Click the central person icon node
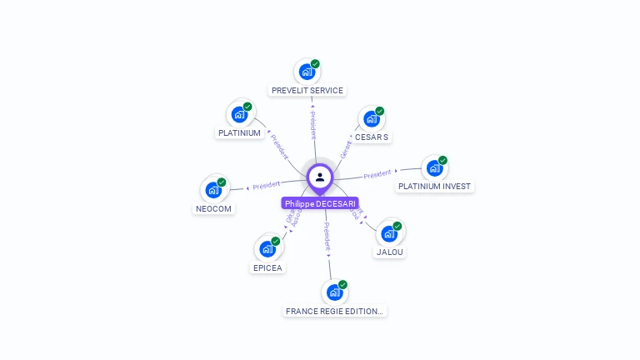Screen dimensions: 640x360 point(320,177)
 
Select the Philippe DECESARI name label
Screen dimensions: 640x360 point(320,203)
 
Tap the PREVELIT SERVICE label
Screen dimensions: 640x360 point(307,90)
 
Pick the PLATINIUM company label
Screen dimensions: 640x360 point(239,132)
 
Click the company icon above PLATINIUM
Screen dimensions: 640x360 point(240,114)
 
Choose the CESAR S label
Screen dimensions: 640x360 point(372,137)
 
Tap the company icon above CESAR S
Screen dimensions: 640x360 point(372,118)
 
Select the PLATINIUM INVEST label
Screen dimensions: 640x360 point(434,186)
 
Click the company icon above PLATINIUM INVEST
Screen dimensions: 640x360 point(434,167)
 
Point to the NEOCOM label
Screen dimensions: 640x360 point(214,208)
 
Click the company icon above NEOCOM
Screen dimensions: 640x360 point(214,189)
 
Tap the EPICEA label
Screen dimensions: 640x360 point(267,267)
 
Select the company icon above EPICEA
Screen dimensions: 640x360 point(267,248)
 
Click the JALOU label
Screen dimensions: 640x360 point(390,252)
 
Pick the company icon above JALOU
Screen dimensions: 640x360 point(389,233)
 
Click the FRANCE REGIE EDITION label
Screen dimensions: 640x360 point(334,311)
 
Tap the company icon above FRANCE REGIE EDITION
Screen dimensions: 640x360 point(334,292)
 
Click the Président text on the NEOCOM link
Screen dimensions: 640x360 point(266,185)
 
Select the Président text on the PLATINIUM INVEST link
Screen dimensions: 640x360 point(377,174)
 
